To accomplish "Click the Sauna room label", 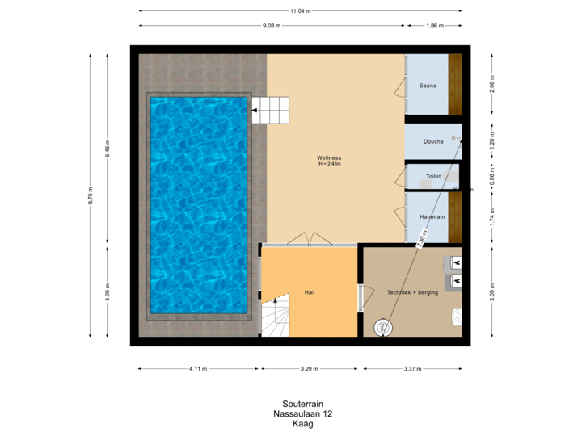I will pyautogui.click(x=428, y=85).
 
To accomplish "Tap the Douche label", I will pyautogui.click(x=433, y=141).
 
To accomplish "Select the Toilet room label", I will pyautogui.click(x=433, y=175).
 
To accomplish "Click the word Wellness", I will pyautogui.click(x=328, y=157).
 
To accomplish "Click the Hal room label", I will pyautogui.click(x=309, y=291).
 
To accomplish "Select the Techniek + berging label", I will pyautogui.click(x=412, y=292).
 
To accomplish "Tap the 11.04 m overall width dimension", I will pyautogui.click(x=300, y=11).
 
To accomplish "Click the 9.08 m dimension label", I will pyautogui.click(x=271, y=26).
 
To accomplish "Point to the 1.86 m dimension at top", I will pyautogui.click(x=435, y=26).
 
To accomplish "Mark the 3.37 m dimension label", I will pyautogui.click(x=412, y=369).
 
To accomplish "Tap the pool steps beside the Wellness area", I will pyautogui.click(x=269, y=109).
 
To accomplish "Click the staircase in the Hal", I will pyautogui.click(x=274, y=315).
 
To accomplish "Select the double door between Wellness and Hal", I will pyautogui.click(x=307, y=240).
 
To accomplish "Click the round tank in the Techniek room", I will pyautogui.click(x=382, y=328).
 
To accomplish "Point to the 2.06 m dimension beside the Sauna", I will pyautogui.click(x=491, y=84).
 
